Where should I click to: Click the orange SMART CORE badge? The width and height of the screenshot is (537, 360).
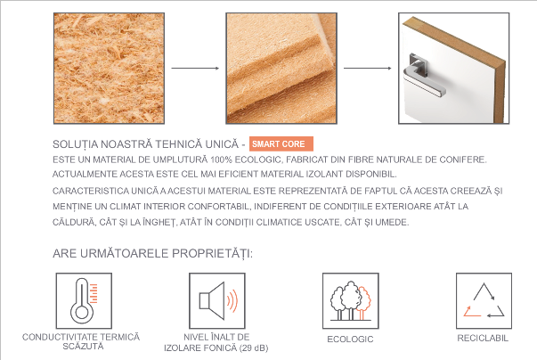tap(281, 143)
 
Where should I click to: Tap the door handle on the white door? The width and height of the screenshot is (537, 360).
tap(424, 76)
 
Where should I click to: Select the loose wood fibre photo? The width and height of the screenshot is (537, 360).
tap(109, 68)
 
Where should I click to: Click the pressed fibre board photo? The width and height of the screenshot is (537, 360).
tap(281, 68)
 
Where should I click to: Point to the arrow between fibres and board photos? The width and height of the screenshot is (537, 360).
tap(195, 68)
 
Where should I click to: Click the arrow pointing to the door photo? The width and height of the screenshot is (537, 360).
tap(368, 68)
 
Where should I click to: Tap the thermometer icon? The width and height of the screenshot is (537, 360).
tap(84, 300)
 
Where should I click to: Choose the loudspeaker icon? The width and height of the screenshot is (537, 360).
tap(217, 300)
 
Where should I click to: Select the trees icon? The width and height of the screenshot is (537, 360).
tap(350, 300)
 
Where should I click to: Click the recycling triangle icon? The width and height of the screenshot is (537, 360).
tap(484, 300)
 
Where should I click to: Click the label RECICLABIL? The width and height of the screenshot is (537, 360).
tap(483, 339)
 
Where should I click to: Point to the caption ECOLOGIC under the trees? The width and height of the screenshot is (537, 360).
tap(350, 340)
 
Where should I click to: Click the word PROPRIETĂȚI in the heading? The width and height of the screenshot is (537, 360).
tap(212, 254)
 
